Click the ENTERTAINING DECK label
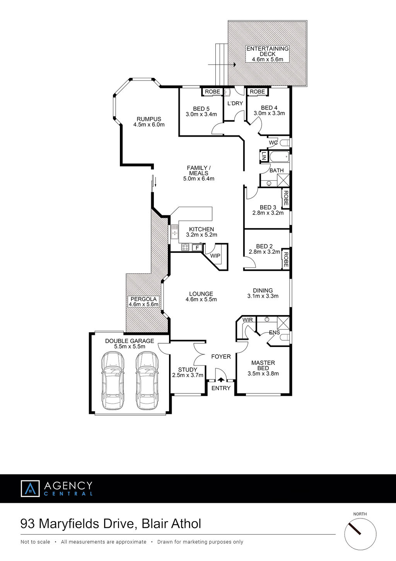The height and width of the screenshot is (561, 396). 268,54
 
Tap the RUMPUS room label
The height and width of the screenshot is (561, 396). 149,119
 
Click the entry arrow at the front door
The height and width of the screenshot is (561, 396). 221,380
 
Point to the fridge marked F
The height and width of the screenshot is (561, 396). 197,248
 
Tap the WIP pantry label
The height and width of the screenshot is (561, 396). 215,256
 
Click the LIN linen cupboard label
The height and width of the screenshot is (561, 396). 263,156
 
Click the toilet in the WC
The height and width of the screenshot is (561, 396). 284,143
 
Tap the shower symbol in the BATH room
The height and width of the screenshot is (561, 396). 283,180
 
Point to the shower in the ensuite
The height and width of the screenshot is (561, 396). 283,323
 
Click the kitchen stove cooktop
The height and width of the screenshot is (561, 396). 185,247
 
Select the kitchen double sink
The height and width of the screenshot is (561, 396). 175,232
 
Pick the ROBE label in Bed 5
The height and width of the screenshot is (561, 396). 212,92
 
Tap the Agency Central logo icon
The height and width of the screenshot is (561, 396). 30,489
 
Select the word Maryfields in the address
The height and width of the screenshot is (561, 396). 69,524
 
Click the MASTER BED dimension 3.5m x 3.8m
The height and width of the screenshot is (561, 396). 263,374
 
